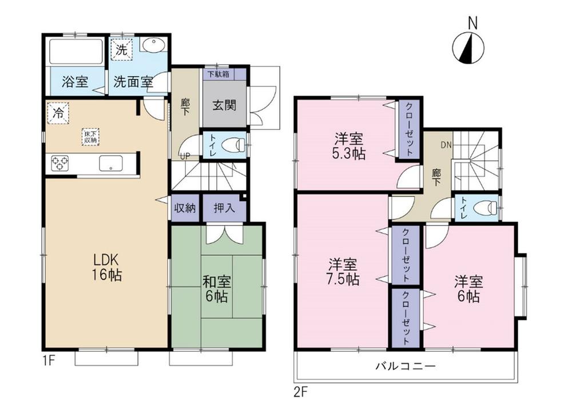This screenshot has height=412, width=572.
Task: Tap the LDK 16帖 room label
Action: (x=108, y=266)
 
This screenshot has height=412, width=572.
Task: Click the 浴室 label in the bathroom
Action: (x=74, y=82)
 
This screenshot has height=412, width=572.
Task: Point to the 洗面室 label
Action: (x=133, y=82)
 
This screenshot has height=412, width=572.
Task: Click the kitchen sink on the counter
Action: (x=110, y=164)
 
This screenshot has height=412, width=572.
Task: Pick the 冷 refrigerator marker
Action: (x=58, y=113)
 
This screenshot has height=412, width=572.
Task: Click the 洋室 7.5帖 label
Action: (x=343, y=272)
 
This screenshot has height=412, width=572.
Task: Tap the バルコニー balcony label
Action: (x=406, y=365)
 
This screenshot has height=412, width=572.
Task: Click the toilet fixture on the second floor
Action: (x=486, y=208)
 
